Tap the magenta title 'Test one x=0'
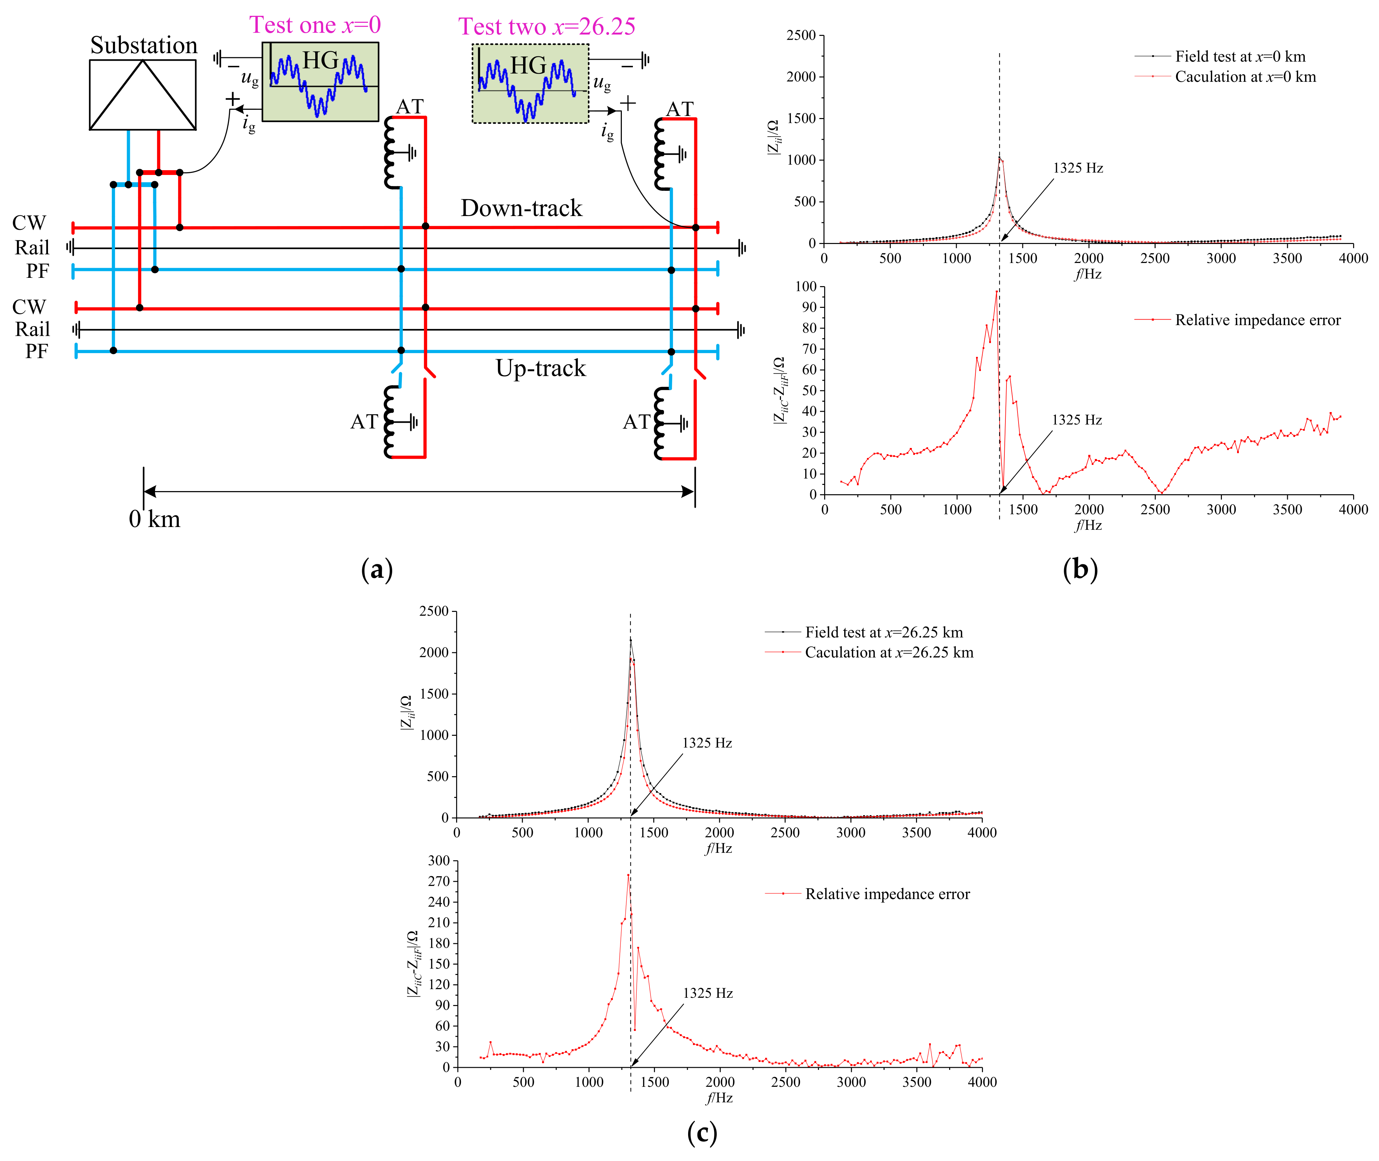tap(315, 25)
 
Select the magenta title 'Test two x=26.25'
tap(547, 26)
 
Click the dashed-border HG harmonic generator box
tap(530, 84)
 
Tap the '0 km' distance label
tap(154, 519)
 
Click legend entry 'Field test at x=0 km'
tap(1240, 57)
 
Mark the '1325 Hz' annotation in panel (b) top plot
tap(1078, 168)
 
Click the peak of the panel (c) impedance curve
tap(630, 638)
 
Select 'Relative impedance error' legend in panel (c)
tap(887, 894)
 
